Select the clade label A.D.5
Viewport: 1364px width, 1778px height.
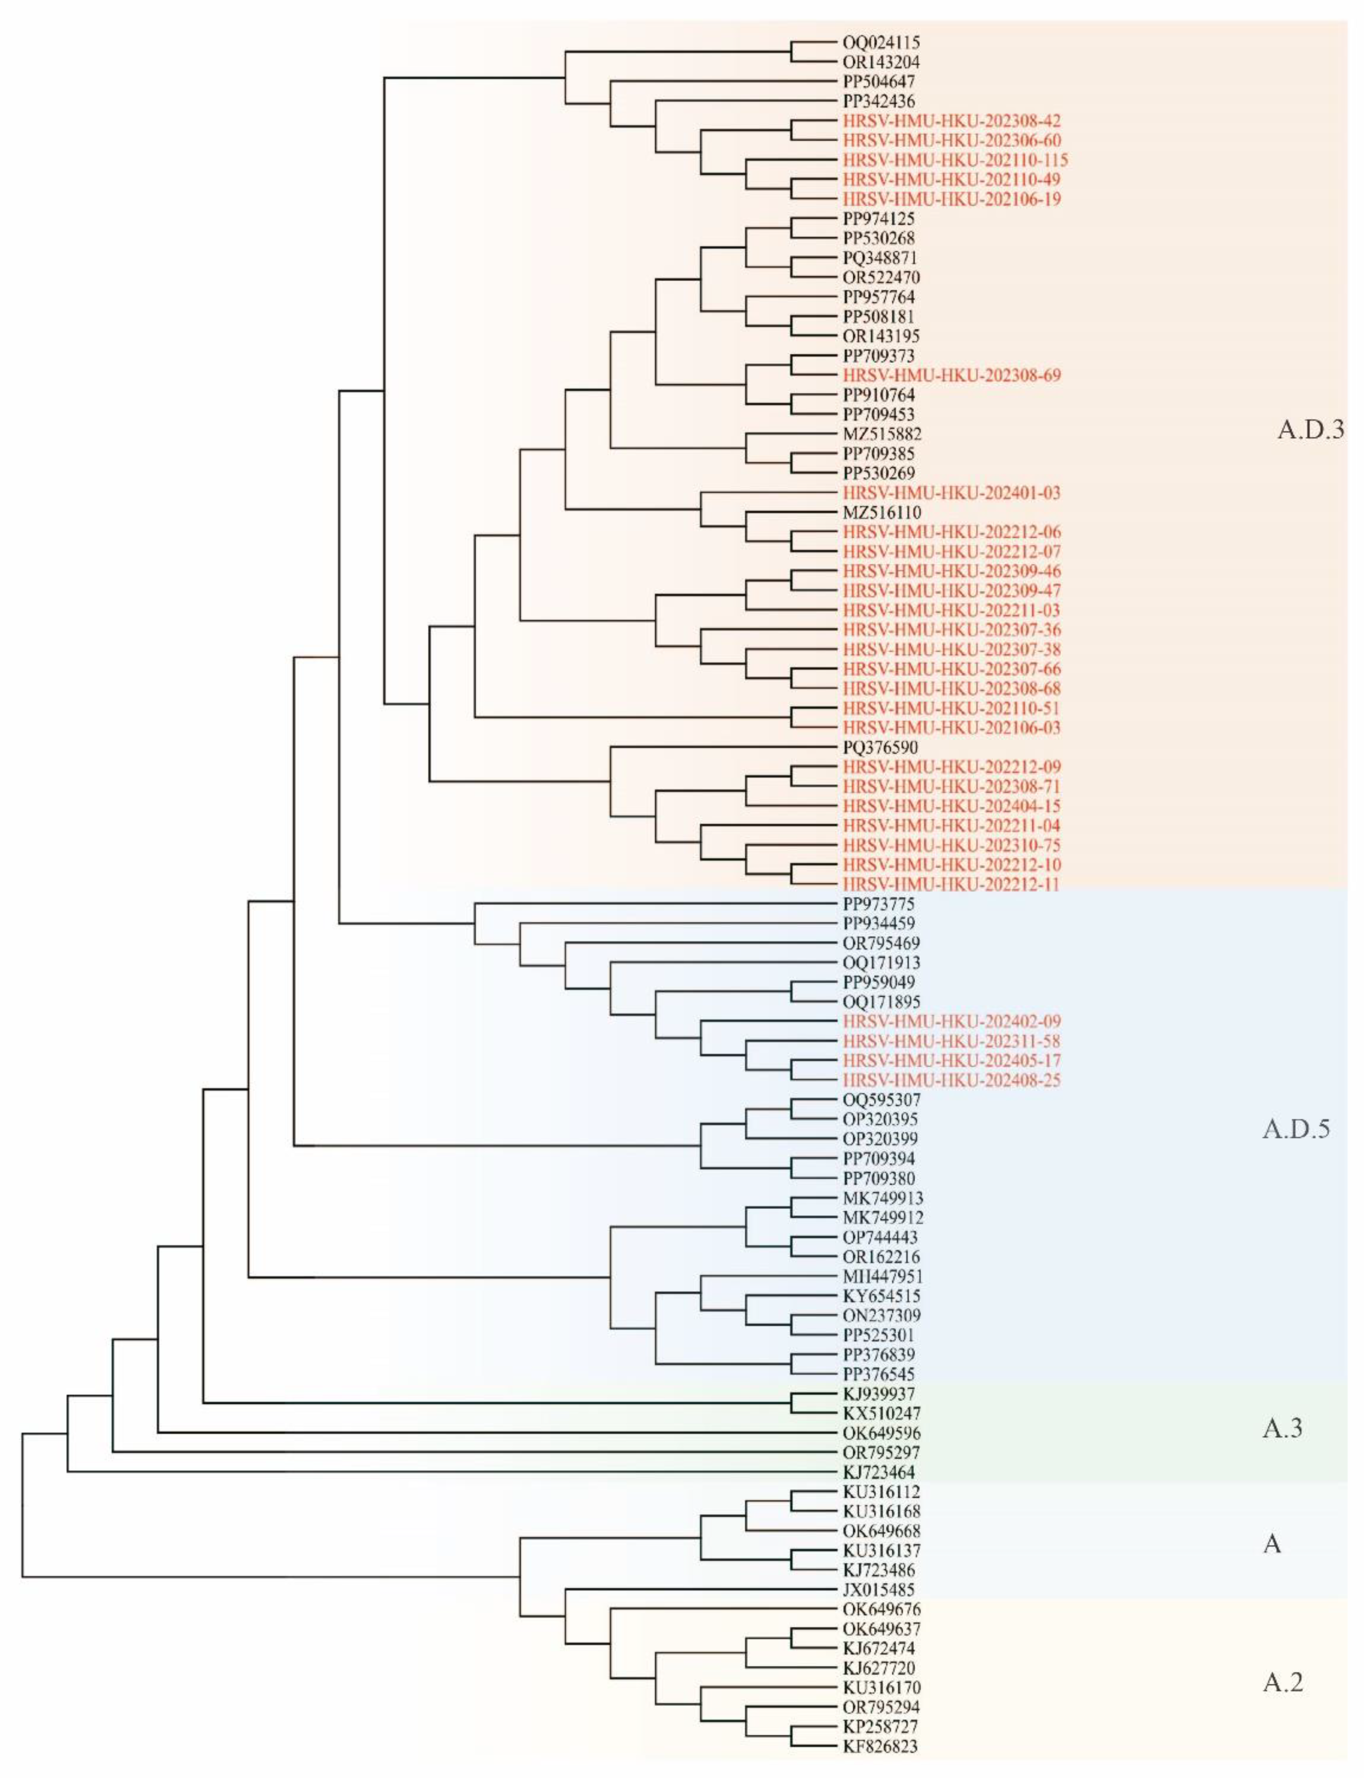point(1296,1129)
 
